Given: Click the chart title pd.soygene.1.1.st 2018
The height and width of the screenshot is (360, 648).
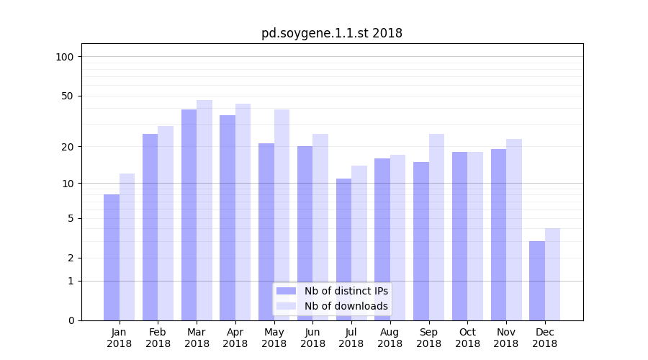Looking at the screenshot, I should pos(331,33).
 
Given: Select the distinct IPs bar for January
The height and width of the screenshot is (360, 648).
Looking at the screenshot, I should pos(112,257).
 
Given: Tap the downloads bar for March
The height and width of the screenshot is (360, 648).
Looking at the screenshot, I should pos(204,210).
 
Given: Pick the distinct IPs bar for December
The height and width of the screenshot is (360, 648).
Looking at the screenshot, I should pos(537,281).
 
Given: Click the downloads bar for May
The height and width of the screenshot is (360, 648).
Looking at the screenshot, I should pos(282,215).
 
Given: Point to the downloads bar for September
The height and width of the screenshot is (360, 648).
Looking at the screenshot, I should pos(436,227).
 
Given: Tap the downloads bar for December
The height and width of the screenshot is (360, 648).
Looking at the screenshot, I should pos(552,274).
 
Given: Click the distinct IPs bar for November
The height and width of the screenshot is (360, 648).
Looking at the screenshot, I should pos(498,235).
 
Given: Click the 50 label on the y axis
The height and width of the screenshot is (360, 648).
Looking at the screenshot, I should pos(67,96).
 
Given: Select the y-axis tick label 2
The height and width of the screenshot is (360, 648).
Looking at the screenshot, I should pos(71,258).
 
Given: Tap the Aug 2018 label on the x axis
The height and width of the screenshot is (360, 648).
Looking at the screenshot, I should pos(390,338).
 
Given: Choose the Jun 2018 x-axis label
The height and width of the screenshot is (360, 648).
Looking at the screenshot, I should pos(312,338).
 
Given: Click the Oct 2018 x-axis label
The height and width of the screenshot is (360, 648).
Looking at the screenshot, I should pos(467,338).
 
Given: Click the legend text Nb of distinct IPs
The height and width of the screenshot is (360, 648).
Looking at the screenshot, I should pos(346,291).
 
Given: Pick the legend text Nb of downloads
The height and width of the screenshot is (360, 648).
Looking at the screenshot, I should pos(346,306).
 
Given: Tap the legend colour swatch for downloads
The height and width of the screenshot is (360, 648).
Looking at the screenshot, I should pos(286,306).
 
